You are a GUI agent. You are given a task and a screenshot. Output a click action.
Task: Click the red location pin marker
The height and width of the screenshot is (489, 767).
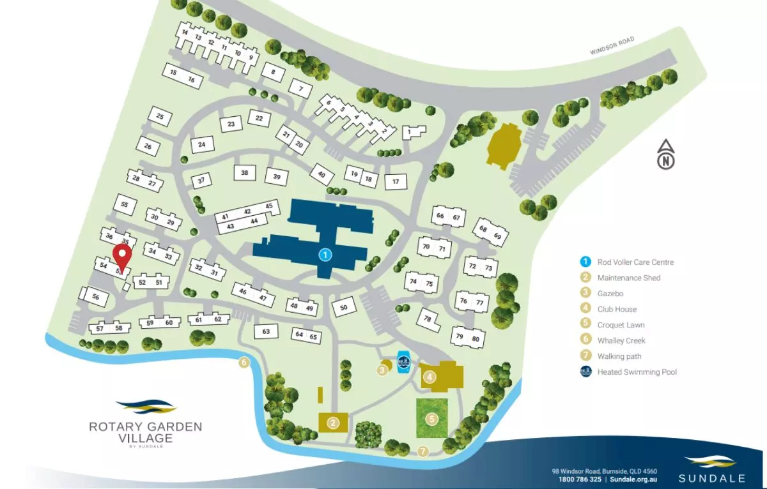point(122,257)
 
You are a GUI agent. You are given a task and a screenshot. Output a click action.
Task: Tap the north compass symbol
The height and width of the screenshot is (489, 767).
point(666,155)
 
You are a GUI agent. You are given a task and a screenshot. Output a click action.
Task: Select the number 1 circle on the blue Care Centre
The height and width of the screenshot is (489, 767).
point(325,255)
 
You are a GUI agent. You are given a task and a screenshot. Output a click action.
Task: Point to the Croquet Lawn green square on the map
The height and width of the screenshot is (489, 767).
point(432,419)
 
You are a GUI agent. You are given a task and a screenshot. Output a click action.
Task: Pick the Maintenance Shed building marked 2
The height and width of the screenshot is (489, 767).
point(333,422)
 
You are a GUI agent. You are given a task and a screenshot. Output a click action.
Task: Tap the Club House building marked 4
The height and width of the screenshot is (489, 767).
point(441,375)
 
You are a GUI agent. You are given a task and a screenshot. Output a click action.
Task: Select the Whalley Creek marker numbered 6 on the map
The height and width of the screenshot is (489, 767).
point(244,363)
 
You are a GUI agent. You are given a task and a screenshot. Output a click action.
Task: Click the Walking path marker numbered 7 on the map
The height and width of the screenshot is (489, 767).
point(422,451)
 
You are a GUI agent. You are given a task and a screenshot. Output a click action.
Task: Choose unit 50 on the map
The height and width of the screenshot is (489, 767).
point(343,308)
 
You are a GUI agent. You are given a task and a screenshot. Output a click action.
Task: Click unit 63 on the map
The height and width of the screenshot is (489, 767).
point(267,331)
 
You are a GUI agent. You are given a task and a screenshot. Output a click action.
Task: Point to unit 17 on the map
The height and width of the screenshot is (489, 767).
point(396,182)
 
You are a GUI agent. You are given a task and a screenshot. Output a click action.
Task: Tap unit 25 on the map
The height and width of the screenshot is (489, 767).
point(160,117)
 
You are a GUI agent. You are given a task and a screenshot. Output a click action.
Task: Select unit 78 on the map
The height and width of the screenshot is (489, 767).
point(428,319)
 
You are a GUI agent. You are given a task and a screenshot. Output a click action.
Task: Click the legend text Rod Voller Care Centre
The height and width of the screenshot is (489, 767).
point(635,262)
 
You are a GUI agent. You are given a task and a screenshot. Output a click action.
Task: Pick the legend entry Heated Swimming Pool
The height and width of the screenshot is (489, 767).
point(637,372)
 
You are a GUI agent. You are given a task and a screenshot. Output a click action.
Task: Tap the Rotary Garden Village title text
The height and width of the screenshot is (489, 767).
point(145,432)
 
